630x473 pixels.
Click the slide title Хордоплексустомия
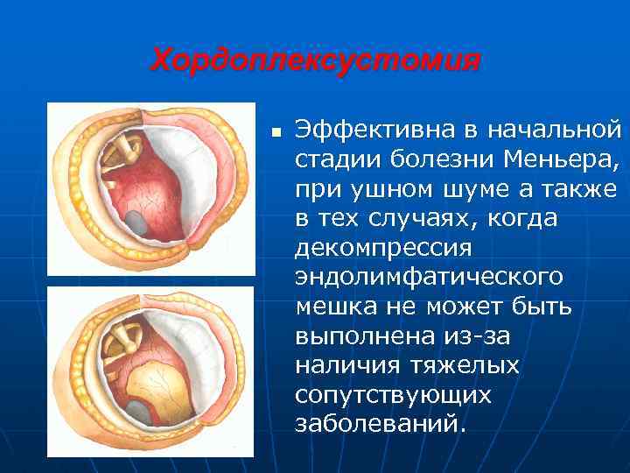click(x=316, y=61)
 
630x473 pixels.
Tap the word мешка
click(x=335, y=307)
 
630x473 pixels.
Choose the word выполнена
click(x=361, y=335)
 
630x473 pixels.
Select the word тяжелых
click(x=456, y=364)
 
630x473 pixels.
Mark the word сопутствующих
click(x=393, y=395)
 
